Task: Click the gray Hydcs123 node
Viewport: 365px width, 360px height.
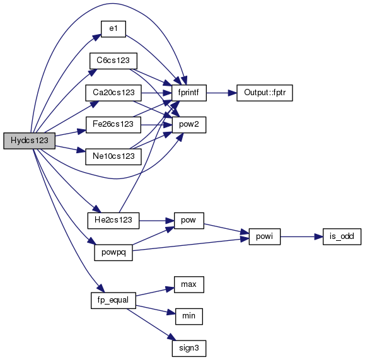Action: point(30,141)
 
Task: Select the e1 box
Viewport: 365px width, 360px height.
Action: point(113,29)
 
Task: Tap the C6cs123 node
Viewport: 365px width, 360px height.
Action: point(113,61)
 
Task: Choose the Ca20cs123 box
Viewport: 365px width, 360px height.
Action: point(113,93)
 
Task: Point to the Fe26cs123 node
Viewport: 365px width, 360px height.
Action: point(113,125)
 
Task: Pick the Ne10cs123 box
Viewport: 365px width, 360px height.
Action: point(113,157)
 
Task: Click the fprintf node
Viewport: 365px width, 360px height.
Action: point(189,93)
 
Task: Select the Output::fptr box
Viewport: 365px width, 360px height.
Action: point(265,93)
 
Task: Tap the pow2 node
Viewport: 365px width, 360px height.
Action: point(189,125)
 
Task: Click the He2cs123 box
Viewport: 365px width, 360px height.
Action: point(113,221)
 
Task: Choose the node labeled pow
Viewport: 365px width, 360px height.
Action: point(189,221)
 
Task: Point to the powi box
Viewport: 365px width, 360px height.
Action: point(265,236)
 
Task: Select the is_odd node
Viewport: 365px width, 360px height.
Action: point(342,236)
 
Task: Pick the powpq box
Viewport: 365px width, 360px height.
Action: point(113,253)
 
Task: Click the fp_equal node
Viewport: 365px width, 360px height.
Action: point(113,301)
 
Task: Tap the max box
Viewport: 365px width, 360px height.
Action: point(189,284)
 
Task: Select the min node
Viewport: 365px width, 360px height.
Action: point(189,316)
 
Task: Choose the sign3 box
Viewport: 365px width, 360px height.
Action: point(189,349)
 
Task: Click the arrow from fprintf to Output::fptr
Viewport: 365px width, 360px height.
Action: point(222,93)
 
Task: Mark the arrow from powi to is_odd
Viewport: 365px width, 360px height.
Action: point(302,236)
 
